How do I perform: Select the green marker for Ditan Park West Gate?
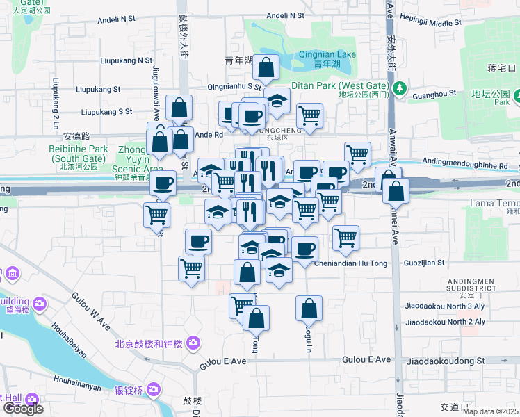[x=400, y=89]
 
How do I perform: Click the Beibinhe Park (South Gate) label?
[x=79, y=153]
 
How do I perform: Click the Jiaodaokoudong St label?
[x=445, y=361]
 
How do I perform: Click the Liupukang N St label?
[x=124, y=60]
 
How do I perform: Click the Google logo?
[x=22, y=408]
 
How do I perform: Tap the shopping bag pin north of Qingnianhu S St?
[x=266, y=68]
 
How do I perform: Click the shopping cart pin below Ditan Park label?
[x=309, y=115]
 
